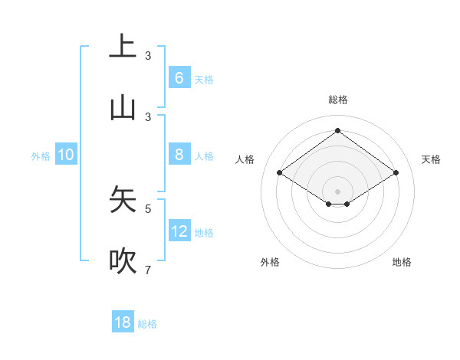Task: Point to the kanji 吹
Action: click(x=123, y=262)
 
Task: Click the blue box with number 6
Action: click(x=179, y=78)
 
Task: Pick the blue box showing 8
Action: click(x=179, y=155)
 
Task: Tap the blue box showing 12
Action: click(x=179, y=231)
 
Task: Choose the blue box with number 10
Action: click(x=66, y=155)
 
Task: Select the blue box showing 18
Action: click(x=123, y=322)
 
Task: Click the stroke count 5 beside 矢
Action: click(x=148, y=208)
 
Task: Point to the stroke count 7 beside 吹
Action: click(x=148, y=270)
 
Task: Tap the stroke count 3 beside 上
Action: click(x=148, y=55)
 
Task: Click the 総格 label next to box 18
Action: click(x=147, y=324)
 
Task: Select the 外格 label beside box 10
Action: click(x=41, y=156)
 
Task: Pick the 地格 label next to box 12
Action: click(x=204, y=233)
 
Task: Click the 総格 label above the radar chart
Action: click(x=337, y=100)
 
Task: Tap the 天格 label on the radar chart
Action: click(x=431, y=159)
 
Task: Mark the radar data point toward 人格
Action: click(x=280, y=173)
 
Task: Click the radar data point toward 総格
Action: click(x=337, y=131)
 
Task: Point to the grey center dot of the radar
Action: click(x=337, y=191)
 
